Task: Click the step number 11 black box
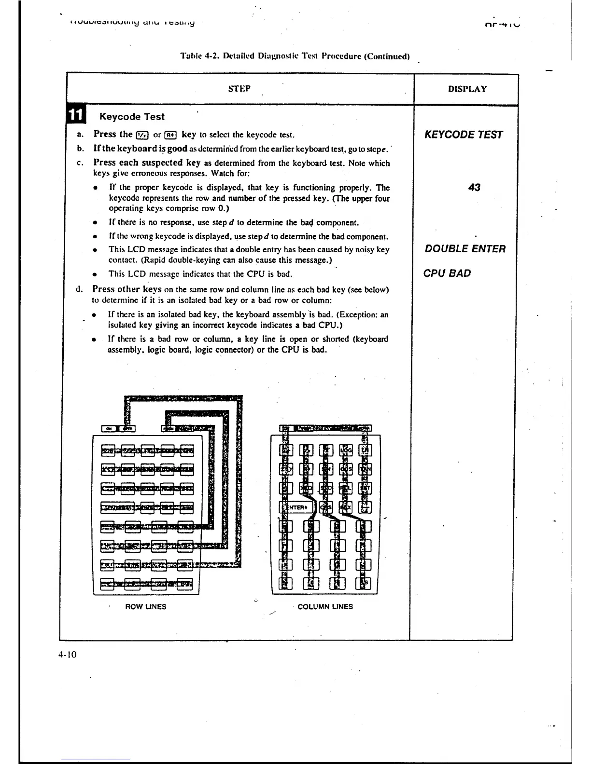(x=76, y=116)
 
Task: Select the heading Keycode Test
(x=131, y=117)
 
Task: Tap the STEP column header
(x=239, y=89)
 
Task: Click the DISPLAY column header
(x=467, y=89)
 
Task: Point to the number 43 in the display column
(x=474, y=187)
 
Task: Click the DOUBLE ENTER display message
(x=465, y=249)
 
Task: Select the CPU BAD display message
(x=447, y=273)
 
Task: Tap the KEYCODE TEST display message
(x=464, y=135)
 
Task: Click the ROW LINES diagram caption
(x=145, y=607)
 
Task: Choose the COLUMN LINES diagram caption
(x=325, y=607)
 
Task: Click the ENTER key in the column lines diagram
(x=296, y=507)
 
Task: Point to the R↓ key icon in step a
(x=171, y=135)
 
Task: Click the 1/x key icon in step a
(x=142, y=135)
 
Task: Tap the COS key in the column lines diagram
(x=346, y=469)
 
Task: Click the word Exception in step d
(x=361, y=315)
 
